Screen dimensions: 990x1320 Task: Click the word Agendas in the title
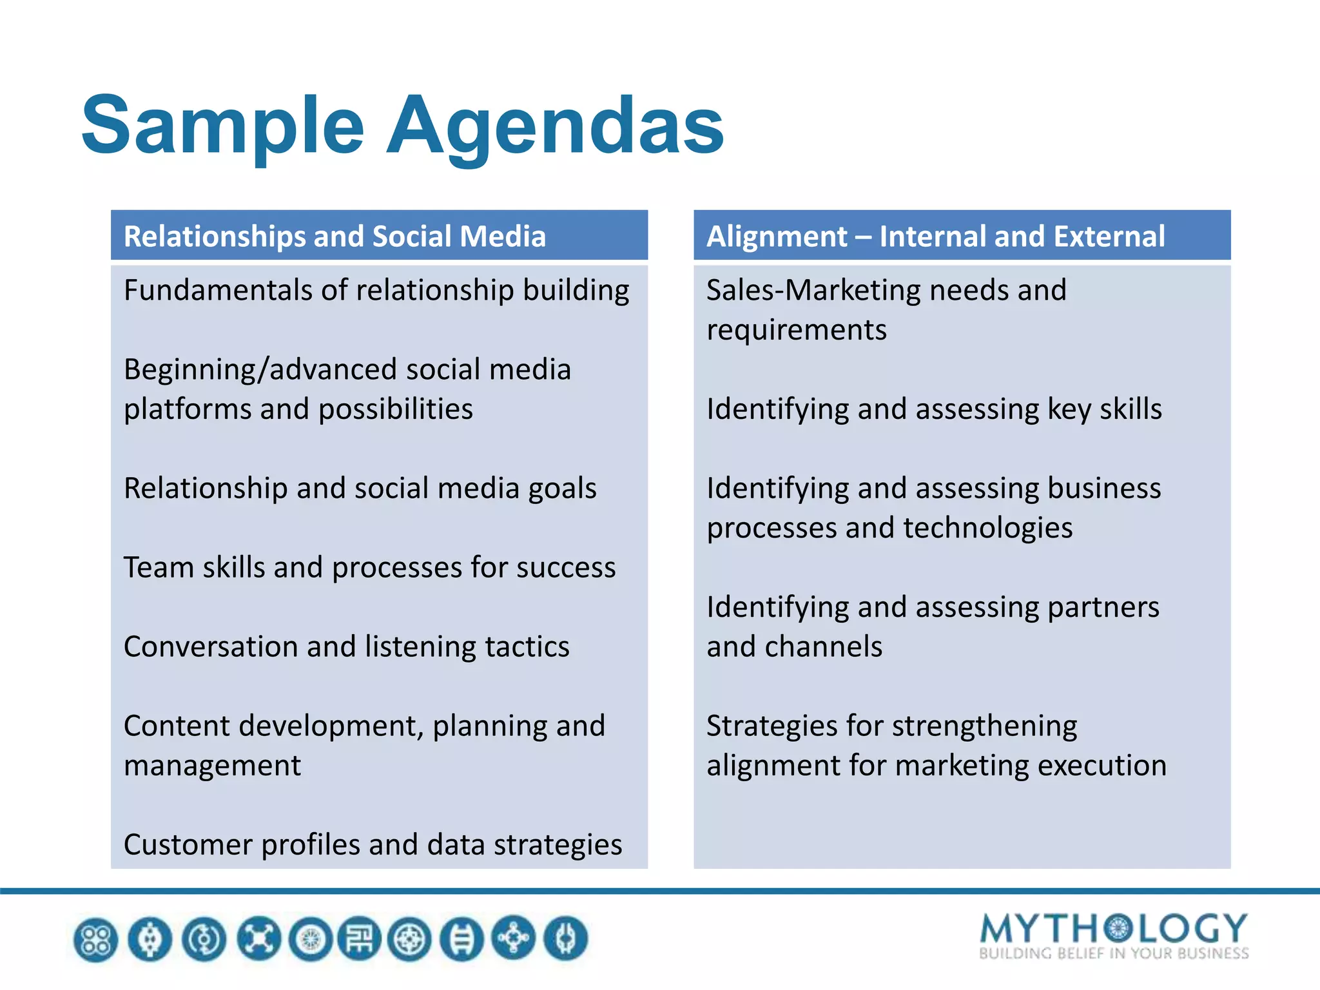[x=555, y=126]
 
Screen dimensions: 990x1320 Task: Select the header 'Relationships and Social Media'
[x=335, y=236]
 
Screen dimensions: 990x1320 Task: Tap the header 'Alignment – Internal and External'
[x=935, y=236]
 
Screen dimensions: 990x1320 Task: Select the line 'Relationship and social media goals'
[x=360, y=488]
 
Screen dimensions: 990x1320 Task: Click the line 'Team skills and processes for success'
[x=369, y=567]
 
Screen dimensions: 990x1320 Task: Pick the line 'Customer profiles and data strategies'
[x=373, y=844]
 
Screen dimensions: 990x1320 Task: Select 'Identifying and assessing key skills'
[x=934, y=409]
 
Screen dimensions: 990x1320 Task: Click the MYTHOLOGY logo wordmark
[x=1113, y=928]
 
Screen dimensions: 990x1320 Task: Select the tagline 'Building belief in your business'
[x=1113, y=953]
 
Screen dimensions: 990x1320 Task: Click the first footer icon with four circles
[x=96, y=939]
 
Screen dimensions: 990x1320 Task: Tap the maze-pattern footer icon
[x=360, y=939]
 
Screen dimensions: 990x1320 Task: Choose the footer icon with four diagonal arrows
[x=258, y=939]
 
